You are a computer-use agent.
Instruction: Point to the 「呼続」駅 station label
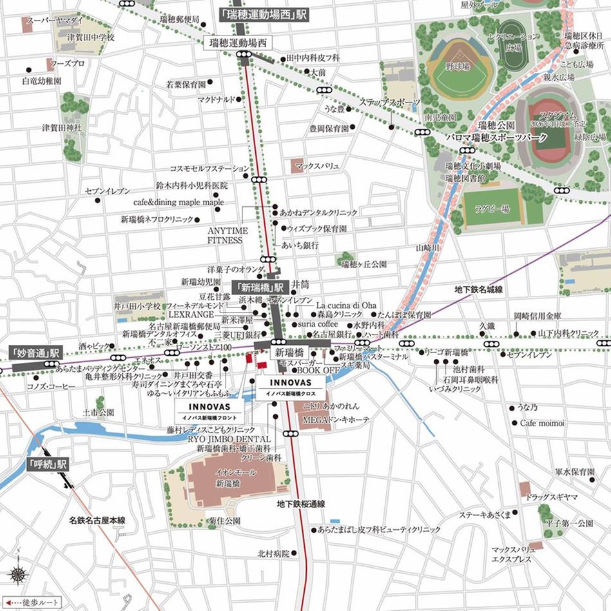point(48,463)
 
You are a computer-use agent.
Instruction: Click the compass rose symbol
point(17,575)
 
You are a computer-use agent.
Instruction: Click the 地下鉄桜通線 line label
point(301,504)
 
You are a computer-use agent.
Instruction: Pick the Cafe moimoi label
point(543,423)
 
